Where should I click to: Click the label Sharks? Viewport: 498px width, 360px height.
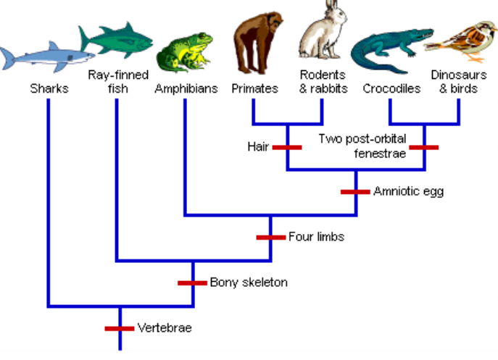48,89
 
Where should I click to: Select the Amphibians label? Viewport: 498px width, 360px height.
186,89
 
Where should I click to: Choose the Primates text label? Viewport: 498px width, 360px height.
255,89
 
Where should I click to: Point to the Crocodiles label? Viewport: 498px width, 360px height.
392,89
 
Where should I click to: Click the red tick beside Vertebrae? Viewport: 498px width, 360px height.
120,328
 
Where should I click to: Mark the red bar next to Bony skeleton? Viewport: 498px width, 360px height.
194,282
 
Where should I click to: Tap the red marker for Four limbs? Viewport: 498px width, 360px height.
271,237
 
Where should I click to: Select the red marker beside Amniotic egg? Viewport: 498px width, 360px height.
356,192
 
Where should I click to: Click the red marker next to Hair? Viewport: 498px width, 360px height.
287,147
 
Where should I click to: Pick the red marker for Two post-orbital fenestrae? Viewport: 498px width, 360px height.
424,147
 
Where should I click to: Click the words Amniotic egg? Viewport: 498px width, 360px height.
408,192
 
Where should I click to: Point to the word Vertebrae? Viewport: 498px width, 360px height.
165,328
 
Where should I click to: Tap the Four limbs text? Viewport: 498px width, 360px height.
316,237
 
